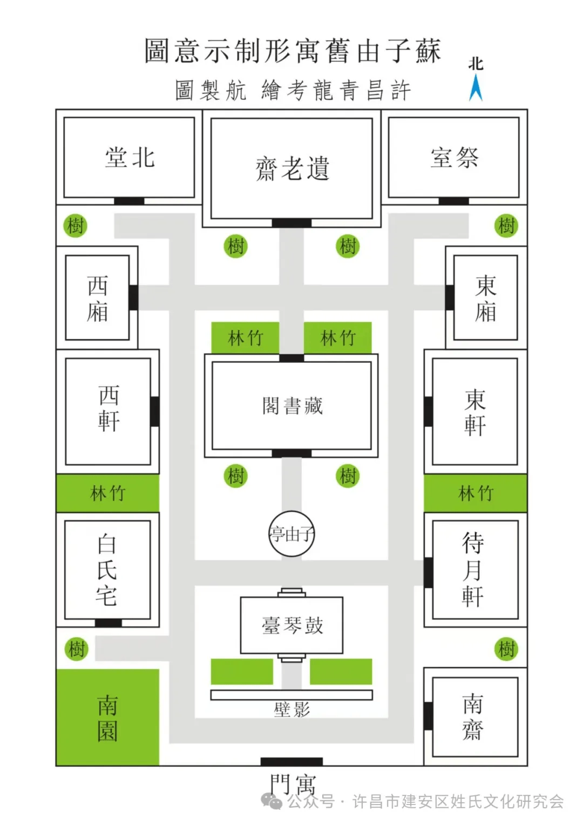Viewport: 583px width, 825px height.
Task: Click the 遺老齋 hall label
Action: (291, 168)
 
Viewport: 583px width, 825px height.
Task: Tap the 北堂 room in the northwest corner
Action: (130, 158)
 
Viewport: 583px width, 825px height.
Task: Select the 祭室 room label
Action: (454, 158)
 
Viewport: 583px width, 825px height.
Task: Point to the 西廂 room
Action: (98, 298)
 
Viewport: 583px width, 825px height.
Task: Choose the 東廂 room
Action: (485, 298)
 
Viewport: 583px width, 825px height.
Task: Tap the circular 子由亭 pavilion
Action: (291, 534)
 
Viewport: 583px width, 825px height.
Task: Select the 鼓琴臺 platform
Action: (291, 625)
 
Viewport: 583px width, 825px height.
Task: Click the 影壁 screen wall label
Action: (291, 709)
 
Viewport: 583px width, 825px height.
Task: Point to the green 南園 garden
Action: (107, 718)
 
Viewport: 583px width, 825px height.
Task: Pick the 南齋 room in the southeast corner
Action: (473, 717)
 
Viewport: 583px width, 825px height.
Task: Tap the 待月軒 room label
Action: (473, 570)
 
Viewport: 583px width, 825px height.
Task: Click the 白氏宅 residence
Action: (107, 570)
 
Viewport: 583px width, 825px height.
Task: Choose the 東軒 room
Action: (475, 411)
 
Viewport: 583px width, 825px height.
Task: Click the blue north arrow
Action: (476, 88)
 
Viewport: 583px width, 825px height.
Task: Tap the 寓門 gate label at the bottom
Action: (292, 784)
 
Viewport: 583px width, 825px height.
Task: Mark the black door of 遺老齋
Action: (291, 223)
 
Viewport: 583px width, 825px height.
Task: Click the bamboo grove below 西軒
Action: (108, 493)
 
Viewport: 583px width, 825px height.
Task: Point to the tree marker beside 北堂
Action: (76, 225)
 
